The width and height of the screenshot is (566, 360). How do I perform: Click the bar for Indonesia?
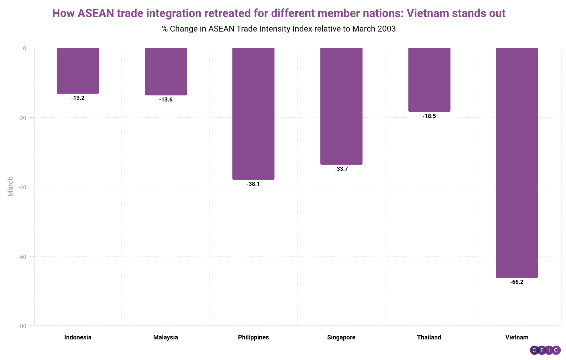[78, 71]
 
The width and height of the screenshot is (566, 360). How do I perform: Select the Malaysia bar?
[166, 71]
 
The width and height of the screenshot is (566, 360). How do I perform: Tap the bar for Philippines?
[253, 113]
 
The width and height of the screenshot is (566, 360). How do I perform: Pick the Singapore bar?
[341, 106]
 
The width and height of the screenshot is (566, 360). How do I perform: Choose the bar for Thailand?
[429, 80]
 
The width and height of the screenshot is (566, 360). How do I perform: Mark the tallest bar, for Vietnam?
[517, 163]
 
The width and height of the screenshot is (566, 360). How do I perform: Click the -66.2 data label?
[517, 282]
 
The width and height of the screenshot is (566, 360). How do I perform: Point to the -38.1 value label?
[253, 184]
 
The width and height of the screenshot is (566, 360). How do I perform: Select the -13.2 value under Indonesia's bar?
[78, 98]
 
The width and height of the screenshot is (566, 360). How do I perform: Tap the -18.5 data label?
[429, 116]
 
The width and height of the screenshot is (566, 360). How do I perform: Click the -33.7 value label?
[341, 169]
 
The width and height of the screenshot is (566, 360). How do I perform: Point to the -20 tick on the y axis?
[23, 118]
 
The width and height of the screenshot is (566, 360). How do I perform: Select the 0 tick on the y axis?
[25, 48]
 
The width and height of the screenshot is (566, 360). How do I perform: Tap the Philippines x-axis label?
[253, 337]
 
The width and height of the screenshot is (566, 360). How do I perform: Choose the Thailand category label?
[429, 337]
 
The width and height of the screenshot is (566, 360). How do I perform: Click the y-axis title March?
[10, 187]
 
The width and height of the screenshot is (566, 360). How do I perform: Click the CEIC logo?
[545, 350]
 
